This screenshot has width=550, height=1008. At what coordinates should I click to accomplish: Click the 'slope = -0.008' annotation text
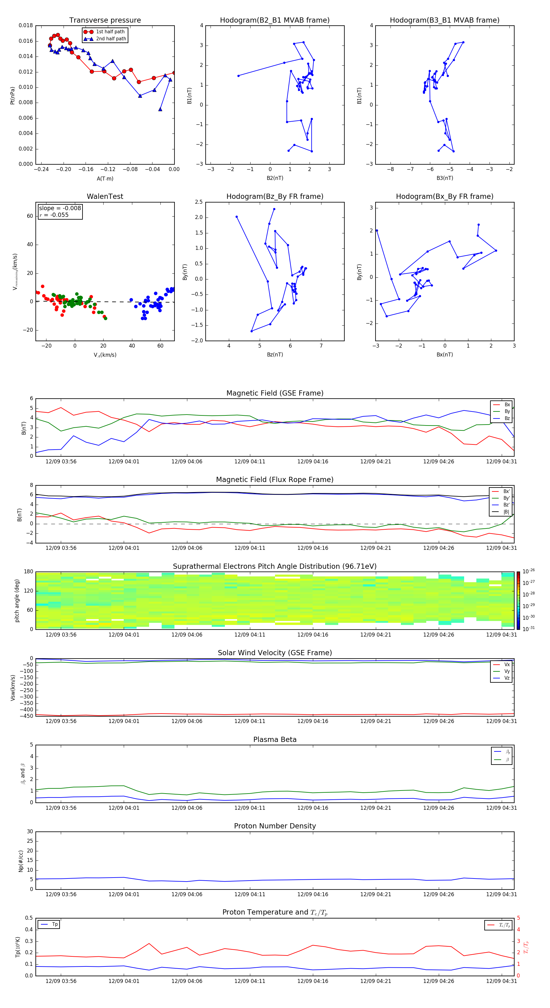60,208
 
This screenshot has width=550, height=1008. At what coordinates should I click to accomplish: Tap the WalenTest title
105,196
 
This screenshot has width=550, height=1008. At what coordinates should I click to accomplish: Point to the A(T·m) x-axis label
105,179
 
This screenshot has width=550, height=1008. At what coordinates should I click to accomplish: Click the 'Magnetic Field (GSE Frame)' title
275,393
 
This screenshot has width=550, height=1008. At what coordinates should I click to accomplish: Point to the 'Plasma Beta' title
275,740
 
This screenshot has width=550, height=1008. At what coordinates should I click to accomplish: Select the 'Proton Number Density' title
275,826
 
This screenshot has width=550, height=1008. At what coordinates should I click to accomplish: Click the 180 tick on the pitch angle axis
29,572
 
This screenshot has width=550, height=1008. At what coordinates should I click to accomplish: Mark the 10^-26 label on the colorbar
529,571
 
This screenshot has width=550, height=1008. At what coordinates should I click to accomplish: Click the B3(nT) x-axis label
445,178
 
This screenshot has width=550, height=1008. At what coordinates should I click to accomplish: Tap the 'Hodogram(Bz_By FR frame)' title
275,196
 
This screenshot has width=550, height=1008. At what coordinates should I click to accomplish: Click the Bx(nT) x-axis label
445,355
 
